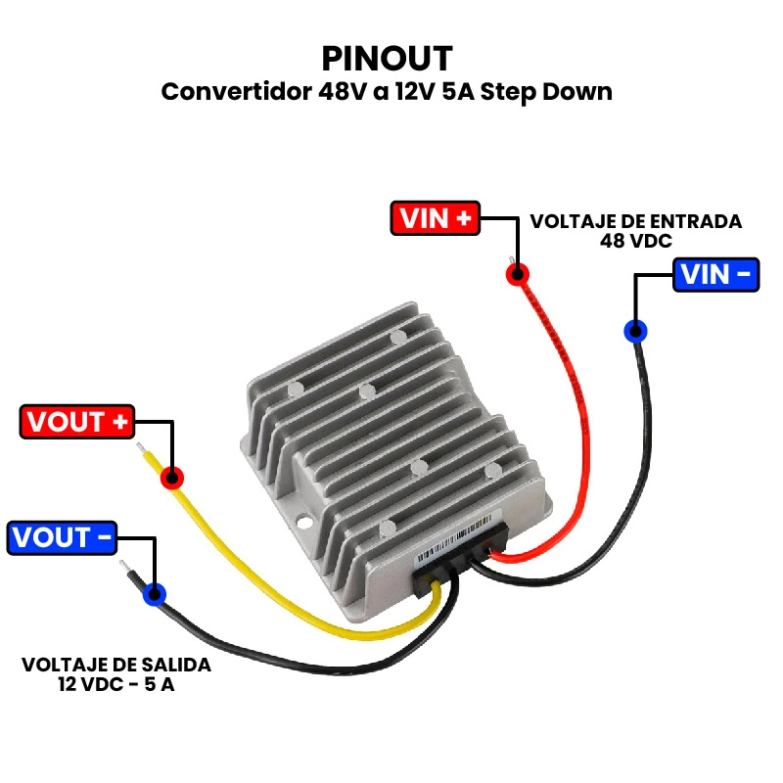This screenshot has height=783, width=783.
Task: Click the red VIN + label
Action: (x=435, y=218)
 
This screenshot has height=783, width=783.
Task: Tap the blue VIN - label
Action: (x=716, y=274)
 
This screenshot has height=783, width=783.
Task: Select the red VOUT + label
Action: (x=77, y=423)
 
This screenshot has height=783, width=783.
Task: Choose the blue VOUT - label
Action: (x=62, y=538)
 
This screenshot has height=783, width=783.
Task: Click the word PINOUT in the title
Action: (x=387, y=56)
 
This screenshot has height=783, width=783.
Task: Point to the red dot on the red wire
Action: (x=518, y=274)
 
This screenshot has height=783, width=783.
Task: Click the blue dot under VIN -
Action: (x=635, y=331)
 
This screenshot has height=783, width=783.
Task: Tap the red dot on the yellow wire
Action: (x=172, y=478)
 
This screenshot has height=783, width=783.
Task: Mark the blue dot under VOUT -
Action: (x=154, y=593)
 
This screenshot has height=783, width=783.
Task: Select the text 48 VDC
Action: (x=636, y=241)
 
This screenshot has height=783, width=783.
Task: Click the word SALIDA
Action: (x=176, y=665)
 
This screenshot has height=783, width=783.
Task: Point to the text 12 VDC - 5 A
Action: (x=116, y=684)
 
